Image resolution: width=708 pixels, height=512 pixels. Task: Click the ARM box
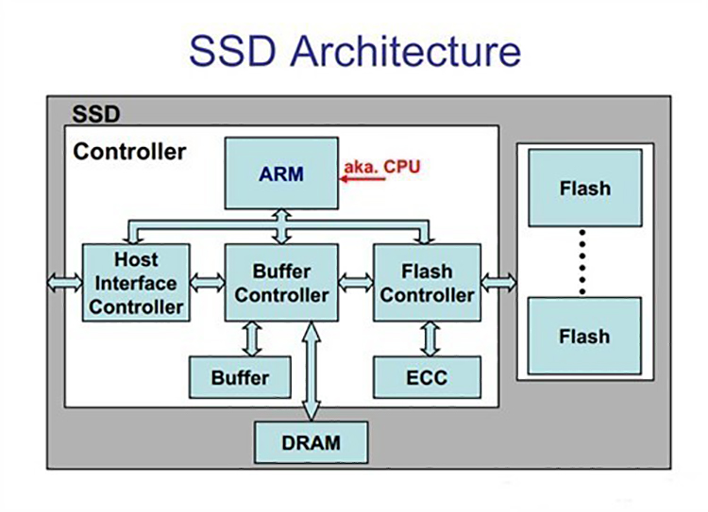coord(281,173)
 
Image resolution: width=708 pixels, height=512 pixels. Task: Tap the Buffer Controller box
coord(281,282)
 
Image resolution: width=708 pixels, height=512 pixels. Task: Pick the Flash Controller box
coord(427,282)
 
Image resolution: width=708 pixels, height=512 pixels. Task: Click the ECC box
coord(427,378)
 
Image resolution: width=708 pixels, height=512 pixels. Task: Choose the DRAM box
coord(311,441)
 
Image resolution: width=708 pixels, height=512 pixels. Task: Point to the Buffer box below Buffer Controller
coord(240,378)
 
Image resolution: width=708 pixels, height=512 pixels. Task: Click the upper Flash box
coord(584,188)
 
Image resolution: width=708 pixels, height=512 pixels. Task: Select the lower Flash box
coord(584,336)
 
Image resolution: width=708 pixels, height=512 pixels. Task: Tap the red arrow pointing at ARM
coord(363,180)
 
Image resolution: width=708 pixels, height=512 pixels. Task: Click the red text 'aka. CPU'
coord(381,167)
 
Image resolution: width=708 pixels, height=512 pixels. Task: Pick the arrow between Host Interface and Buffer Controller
coord(207,282)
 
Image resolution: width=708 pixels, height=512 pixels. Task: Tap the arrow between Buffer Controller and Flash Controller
coord(356,282)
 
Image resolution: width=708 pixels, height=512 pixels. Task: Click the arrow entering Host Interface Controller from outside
coord(65,282)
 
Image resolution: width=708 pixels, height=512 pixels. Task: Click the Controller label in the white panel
coord(129,151)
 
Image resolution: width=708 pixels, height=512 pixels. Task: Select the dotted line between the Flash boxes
coord(583,261)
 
